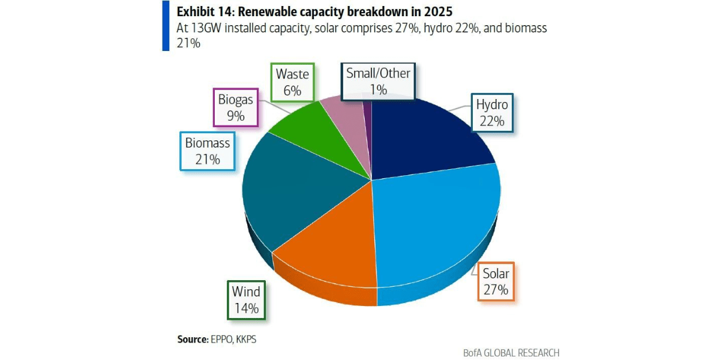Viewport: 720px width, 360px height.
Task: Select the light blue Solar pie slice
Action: point(437,225)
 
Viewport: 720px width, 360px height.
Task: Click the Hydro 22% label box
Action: point(492,113)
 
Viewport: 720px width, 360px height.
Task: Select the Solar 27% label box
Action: point(496,281)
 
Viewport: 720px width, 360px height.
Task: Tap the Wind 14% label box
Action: point(246,300)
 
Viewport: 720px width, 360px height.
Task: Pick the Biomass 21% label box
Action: point(208,151)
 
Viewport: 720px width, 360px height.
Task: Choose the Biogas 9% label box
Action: point(236,107)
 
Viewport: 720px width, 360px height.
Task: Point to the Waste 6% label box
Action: point(293,82)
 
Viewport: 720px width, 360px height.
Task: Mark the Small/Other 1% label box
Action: point(378,82)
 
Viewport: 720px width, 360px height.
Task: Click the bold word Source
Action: point(193,339)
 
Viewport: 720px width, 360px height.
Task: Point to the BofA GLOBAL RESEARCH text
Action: point(511,353)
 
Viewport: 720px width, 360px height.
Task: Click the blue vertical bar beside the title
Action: point(166,26)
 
